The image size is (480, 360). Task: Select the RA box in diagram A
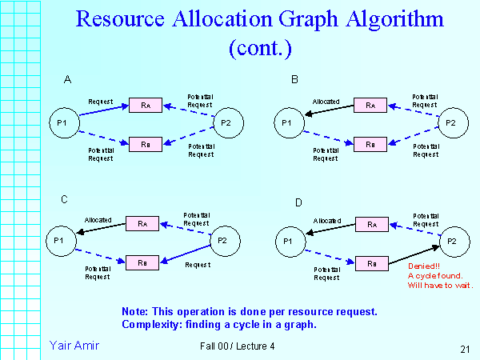(x=145, y=105)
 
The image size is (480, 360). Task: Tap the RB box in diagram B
(x=370, y=145)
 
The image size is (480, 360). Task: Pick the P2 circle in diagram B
(x=451, y=122)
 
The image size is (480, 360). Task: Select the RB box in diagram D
(x=371, y=262)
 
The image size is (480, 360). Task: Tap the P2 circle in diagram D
(x=451, y=240)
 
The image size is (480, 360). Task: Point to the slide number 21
(x=466, y=349)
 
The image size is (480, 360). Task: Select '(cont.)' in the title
(x=261, y=48)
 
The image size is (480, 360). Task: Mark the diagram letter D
(x=298, y=202)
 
